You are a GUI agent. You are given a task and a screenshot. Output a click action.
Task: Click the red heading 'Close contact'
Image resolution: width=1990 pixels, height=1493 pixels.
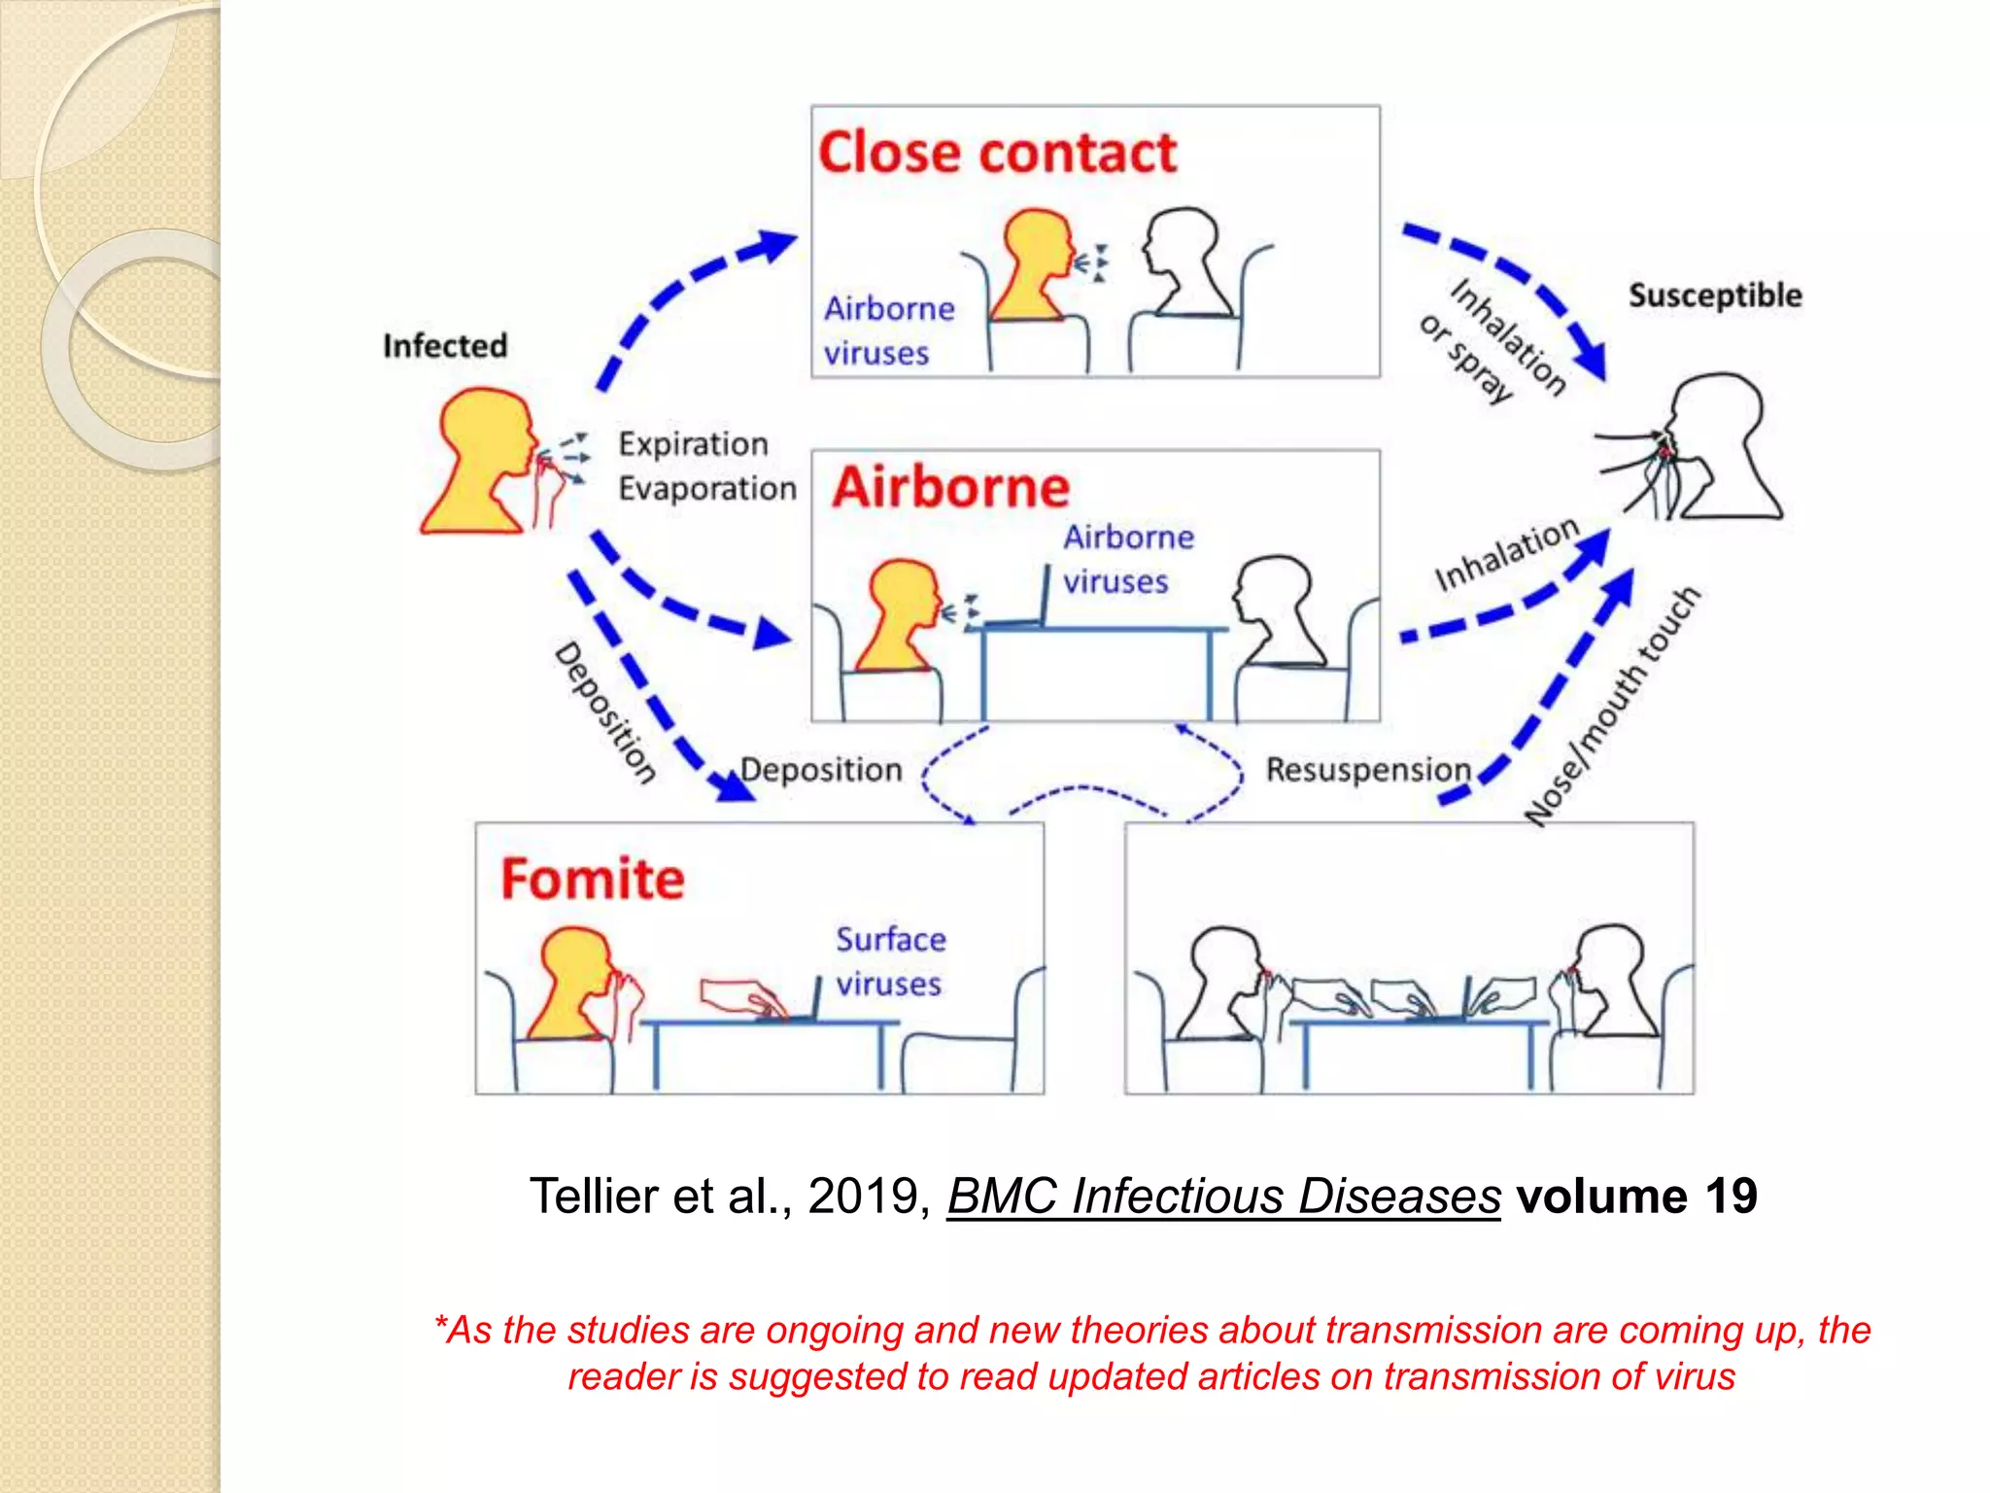(997, 154)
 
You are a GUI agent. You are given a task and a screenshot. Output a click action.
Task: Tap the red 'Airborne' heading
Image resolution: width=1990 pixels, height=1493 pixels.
(950, 487)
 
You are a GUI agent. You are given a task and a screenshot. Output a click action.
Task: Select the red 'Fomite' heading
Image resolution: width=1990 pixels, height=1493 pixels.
(592, 879)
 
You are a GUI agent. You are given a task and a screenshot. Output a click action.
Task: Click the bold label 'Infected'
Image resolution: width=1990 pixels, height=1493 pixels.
(444, 346)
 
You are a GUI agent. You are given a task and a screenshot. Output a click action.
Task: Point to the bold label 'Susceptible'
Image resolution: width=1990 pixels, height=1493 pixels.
(1714, 295)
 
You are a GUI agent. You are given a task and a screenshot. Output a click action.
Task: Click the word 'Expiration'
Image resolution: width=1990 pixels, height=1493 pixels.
(693, 444)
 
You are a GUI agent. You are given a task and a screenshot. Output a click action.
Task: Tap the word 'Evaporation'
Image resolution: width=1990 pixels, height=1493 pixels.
(707, 488)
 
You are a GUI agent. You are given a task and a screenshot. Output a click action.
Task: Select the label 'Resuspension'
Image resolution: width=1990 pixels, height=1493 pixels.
(1368, 770)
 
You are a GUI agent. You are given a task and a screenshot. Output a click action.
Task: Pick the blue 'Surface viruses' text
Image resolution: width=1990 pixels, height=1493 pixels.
(890, 961)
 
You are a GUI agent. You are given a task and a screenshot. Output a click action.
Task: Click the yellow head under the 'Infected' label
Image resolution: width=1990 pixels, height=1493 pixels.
(481, 457)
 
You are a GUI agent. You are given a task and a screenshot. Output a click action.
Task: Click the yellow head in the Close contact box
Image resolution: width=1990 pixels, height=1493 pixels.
(1036, 262)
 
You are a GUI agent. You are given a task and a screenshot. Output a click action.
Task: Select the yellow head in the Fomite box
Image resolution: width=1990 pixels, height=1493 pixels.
(573, 982)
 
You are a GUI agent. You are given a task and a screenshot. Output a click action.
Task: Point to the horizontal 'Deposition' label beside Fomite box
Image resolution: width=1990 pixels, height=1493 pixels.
(821, 770)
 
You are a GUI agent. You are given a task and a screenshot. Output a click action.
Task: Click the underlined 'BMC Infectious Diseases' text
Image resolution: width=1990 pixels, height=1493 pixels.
(1223, 1196)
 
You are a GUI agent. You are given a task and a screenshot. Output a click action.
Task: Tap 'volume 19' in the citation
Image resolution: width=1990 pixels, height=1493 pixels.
(1636, 1196)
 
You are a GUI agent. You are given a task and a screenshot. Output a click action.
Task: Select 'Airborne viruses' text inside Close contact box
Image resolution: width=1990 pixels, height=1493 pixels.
(888, 330)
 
